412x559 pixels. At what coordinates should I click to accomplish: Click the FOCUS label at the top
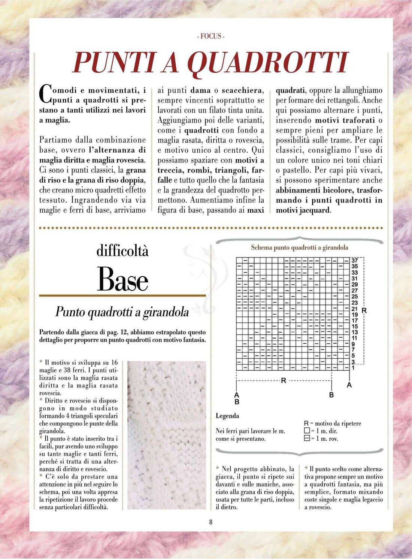click(210, 36)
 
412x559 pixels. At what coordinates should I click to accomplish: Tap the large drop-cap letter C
click(45, 94)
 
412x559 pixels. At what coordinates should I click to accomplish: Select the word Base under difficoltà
click(122, 279)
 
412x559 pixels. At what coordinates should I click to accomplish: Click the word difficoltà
click(122, 250)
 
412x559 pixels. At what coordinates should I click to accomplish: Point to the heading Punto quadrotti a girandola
click(122, 312)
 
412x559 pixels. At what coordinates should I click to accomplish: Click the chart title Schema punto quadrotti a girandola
click(299, 247)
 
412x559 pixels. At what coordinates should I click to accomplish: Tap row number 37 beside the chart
click(354, 260)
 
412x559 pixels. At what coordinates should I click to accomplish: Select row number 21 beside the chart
click(354, 309)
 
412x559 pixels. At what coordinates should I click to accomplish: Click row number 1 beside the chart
click(353, 368)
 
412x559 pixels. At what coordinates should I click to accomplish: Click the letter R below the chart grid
click(284, 380)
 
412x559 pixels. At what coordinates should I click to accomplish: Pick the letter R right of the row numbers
click(364, 311)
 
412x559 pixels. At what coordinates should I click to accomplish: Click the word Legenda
click(227, 416)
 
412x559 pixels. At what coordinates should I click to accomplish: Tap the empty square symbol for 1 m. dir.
click(307, 431)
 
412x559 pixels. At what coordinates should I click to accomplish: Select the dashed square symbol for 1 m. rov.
click(307, 438)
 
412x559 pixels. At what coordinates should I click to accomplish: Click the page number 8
click(211, 522)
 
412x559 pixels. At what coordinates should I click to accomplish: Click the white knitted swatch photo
click(167, 435)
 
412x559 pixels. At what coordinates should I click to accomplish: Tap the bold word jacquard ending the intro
click(315, 210)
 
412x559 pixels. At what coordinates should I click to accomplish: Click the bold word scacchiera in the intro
click(242, 90)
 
